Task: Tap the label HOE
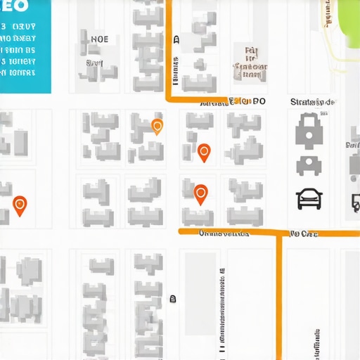[100, 39]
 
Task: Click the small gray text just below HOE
[94, 63]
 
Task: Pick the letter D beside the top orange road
[176, 40]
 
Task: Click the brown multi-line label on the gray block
[250, 62]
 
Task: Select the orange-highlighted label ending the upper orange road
[243, 101]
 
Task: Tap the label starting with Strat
[312, 102]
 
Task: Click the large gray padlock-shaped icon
[308, 130]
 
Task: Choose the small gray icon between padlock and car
[308, 166]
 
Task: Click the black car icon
[309, 199]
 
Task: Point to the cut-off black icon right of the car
[355, 202]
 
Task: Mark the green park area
[345, 21]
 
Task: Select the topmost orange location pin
[157, 127]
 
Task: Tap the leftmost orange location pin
[20, 205]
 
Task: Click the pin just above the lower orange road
[200, 194]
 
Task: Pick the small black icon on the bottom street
[173, 299]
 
